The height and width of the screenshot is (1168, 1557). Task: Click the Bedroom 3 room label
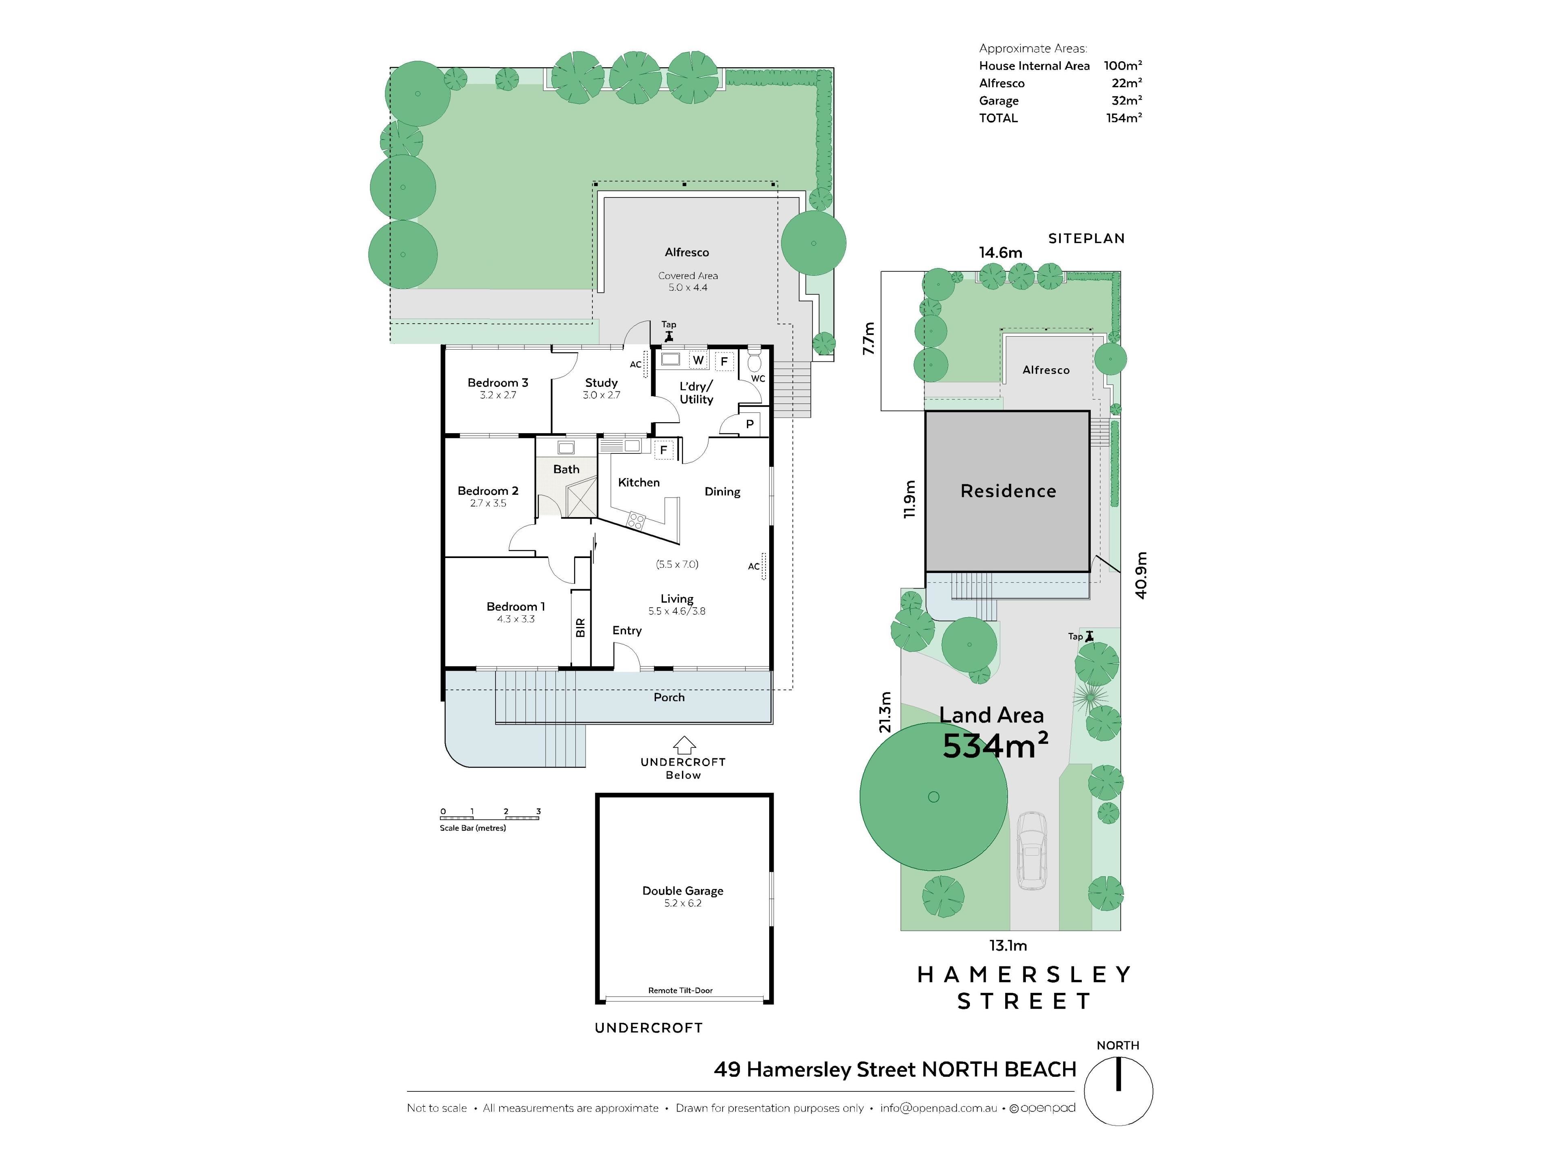(x=498, y=383)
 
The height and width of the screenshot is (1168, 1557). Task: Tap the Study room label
(x=601, y=383)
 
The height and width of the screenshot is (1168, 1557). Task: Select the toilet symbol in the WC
(x=754, y=362)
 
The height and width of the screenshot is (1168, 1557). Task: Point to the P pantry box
(x=750, y=424)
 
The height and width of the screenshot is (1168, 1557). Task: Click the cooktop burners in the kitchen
(x=636, y=521)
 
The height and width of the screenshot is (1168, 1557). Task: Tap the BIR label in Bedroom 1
(x=581, y=628)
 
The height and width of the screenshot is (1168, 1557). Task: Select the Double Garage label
(x=683, y=891)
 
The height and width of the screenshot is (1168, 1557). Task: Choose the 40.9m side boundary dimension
(x=1141, y=575)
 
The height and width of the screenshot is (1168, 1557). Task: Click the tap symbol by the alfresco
(x=669, y=337)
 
